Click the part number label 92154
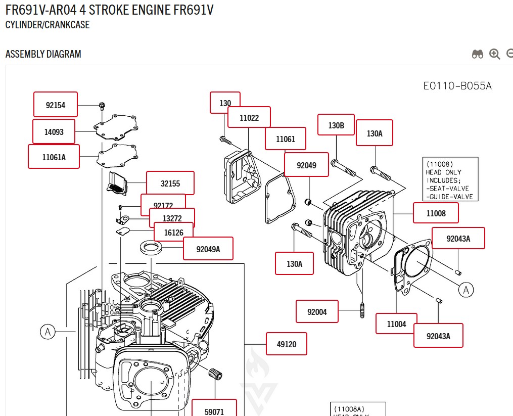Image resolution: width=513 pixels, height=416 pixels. tap(56, 105)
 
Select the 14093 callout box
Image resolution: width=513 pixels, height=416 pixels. tap(54, 132)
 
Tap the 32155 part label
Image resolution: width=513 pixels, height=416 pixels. tap(170, 183)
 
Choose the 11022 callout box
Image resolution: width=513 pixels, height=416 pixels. tap(249, 118)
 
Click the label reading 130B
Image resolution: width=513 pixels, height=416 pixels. tap(336, 125)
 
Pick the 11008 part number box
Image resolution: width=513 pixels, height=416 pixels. tap(436, 213)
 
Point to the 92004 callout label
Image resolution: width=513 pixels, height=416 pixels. tap(317, 312)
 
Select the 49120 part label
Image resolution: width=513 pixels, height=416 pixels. tap(287, 344)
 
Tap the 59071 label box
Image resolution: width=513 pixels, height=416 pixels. tap(214, 411)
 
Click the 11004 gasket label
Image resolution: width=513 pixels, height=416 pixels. tap(396, 324)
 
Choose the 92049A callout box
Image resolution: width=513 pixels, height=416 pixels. tap(208, 249)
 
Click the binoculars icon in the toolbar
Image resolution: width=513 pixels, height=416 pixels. tap(478, 54)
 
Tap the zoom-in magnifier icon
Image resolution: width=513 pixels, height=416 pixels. tap(495, 54)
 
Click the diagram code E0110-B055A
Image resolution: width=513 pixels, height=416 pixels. tap(457, 86)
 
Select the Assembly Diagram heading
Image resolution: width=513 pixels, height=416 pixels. tap(43, 54)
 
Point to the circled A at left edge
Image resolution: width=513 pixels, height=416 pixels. tap(48, 332)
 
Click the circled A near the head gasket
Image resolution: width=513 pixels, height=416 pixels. tap(466, 290)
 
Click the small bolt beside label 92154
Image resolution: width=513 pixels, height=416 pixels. tap(102, 106)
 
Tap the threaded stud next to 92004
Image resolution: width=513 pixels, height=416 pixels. tap(362, 310)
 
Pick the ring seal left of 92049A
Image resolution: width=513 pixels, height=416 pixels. tap(151, 248)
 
